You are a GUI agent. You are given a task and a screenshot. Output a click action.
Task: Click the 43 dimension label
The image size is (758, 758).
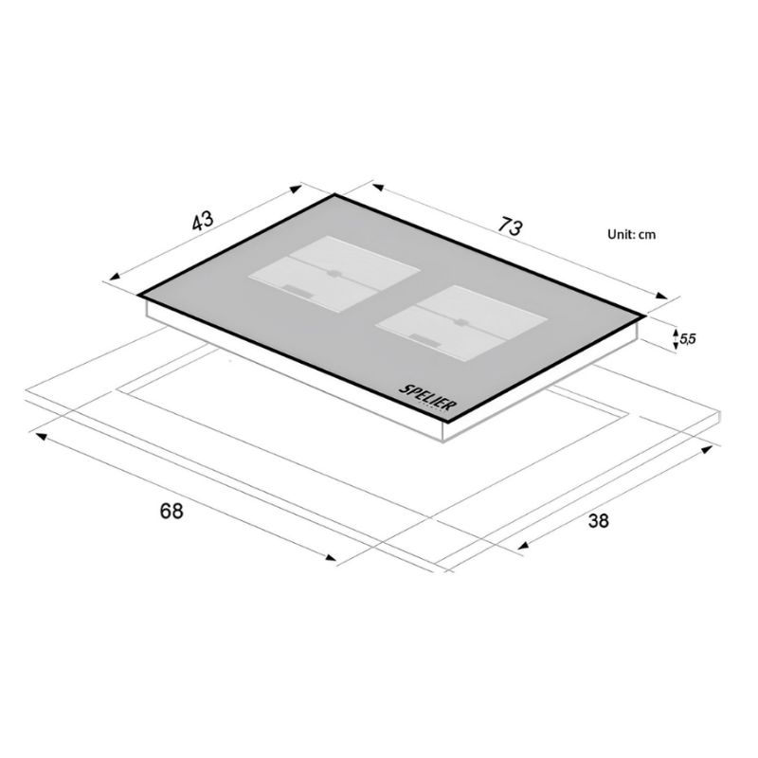(203, 222)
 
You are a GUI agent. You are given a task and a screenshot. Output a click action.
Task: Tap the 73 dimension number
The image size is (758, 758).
(511, 226)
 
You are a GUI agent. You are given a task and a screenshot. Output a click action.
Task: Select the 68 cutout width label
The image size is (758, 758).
(171, 511)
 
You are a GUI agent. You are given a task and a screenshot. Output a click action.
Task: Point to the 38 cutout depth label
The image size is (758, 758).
(599, 520)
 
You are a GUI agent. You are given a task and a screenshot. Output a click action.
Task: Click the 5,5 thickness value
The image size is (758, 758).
(688, 339)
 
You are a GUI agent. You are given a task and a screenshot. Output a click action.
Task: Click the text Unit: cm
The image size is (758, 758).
(632, 234)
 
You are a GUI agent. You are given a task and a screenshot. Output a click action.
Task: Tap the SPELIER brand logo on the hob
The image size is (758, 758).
(427, 397)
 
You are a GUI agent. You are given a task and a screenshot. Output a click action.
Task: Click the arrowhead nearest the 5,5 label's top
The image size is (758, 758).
(676, 331)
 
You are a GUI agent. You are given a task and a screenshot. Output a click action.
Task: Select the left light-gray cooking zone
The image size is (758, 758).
(334, 274)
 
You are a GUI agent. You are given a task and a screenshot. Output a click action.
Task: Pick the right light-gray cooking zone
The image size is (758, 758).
(461, 323)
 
